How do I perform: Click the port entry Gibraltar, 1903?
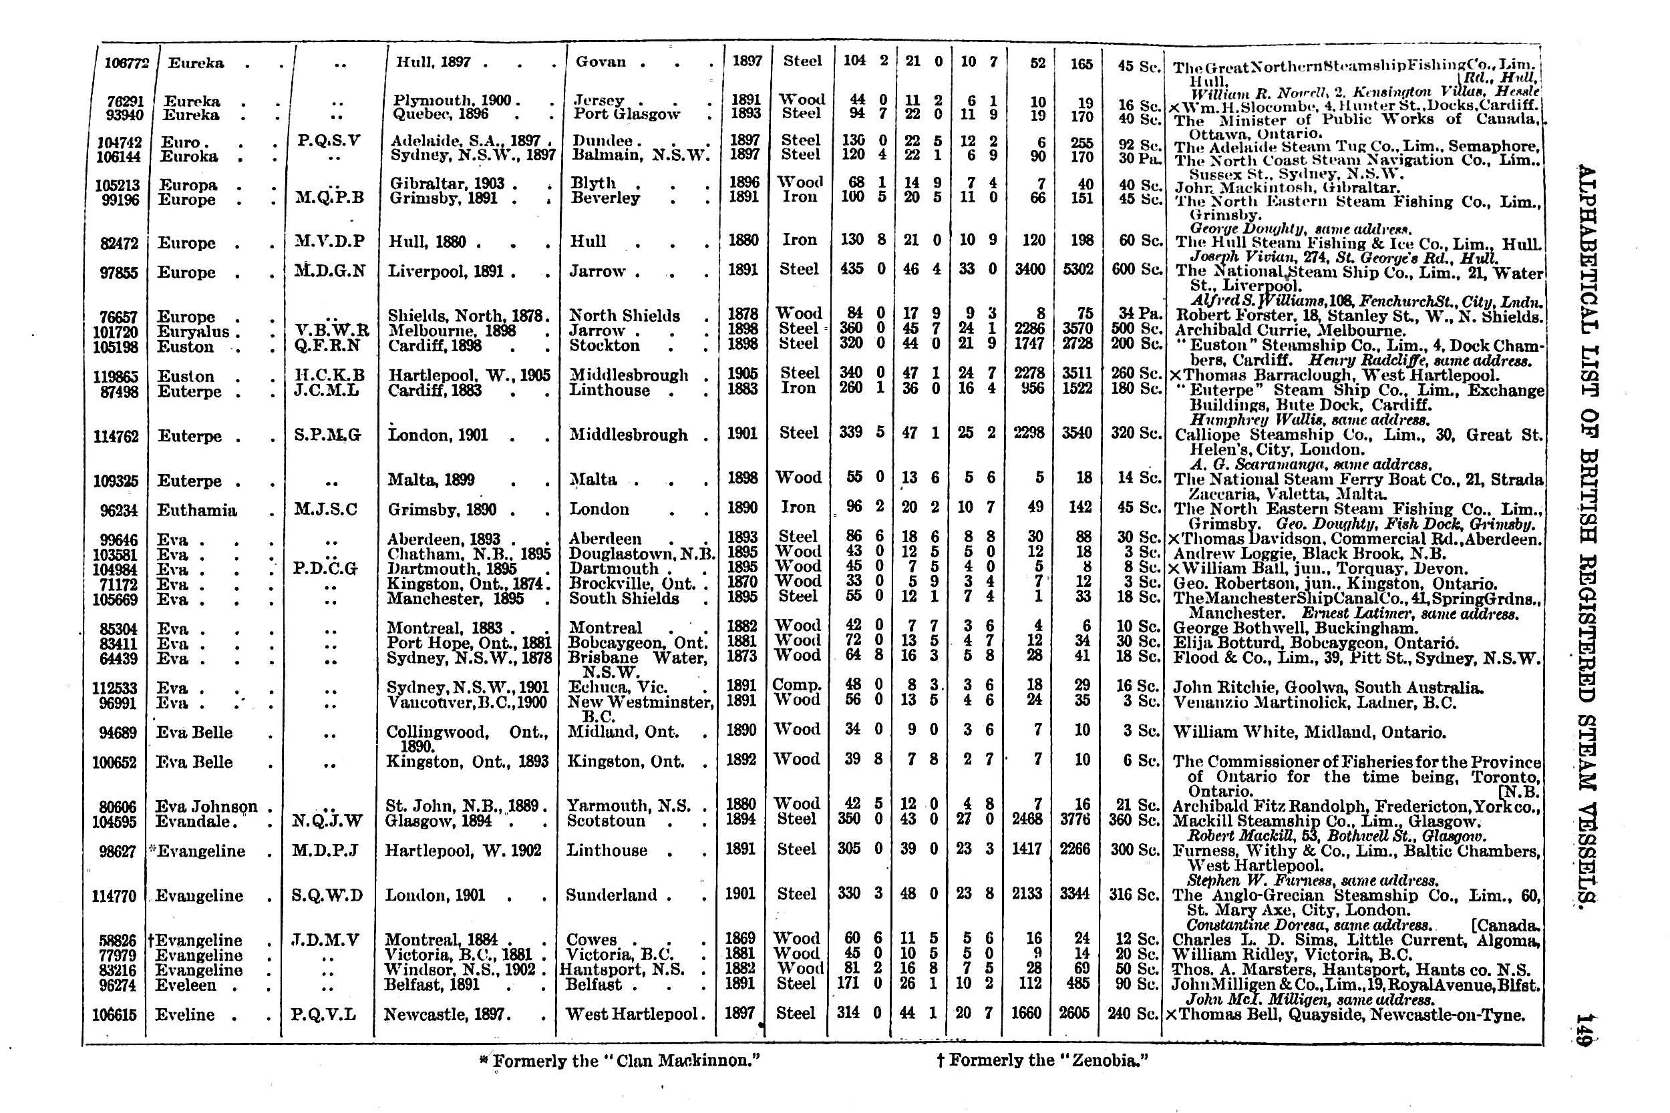pyautogui.click(x=448, y=183)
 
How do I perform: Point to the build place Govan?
pyautogui.click(x=601, y=61)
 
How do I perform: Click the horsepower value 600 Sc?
pyautogui.click(x=1138, y=270)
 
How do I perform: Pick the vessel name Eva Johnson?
pyautogui.click(x=206, y=807)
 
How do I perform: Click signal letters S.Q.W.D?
pyautogui.click(x=327, y=896)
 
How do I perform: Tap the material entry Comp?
pyautogui.click(x=797, y=685)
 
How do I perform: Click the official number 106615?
pyautogui.click(x=114, y=1015)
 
